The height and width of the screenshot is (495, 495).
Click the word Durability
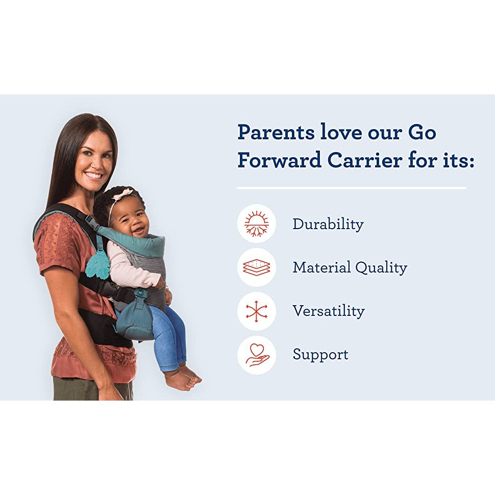coord(328,225)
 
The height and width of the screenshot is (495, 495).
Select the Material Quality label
coord(350,268)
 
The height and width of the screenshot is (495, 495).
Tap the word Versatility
coord(329,311)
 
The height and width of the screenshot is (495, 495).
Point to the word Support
coord(320,355)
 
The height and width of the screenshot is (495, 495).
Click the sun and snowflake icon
coord(256,224)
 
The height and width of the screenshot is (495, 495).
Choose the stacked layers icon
coord(256,267)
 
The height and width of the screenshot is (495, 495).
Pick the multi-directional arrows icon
coord(256,311)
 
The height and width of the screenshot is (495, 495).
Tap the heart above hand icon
coord(256,355)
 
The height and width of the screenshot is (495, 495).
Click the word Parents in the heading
coord(276,132)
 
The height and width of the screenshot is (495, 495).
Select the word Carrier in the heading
coord(365,160)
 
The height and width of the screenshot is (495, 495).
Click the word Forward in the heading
coord(279,160)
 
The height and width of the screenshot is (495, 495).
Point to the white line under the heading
coord(352,188)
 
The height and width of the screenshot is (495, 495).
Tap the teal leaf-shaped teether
coord(98,264)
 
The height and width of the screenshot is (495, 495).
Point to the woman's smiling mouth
coord(93,176)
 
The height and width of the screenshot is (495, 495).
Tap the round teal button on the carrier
coord(139,293)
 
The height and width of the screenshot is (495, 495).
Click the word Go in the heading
coord(422,132)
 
